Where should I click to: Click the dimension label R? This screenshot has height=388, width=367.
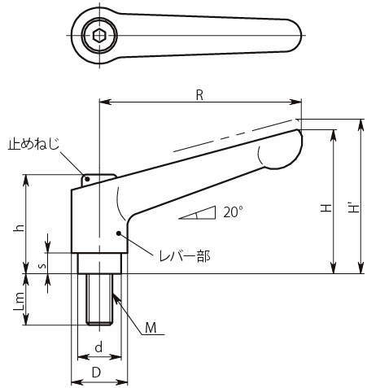tap(199, 95)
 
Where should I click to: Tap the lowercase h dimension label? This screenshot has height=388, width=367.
tap(19, 229)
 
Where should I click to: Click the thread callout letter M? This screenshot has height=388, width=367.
tap(151, 328)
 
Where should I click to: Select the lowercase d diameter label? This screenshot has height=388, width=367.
tap(99, 347)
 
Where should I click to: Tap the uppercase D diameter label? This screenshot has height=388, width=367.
tap(96, 373)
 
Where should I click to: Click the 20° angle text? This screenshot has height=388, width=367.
tap(233, 212)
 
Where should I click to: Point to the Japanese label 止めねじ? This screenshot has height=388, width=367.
tap(33, 144)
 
